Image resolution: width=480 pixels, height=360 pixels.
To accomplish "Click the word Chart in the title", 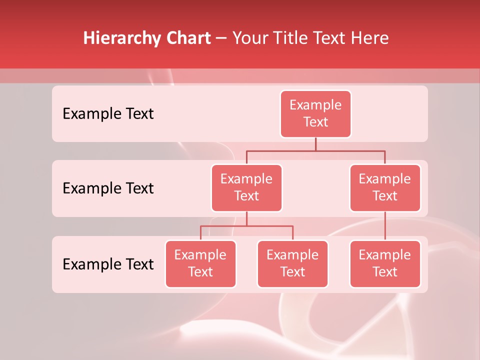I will tap(188, 38).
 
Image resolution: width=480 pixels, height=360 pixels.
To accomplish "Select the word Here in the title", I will tap(370, 38).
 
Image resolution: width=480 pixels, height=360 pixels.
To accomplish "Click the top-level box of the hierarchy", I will tap(315, 113).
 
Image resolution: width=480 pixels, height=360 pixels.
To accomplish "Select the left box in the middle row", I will tap(246, 187).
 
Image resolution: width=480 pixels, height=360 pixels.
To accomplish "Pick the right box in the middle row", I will tap(385, 187).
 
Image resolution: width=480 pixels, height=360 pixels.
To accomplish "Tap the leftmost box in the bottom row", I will tap(200, 263).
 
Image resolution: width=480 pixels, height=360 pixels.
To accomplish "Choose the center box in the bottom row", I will tap(292, 263).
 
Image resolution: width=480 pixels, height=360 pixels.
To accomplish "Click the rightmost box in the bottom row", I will tap(385, 263).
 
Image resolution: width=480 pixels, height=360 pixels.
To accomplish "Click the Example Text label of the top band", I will tap(108, 113).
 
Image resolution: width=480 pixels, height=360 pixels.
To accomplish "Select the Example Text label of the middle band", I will tap(108, 188).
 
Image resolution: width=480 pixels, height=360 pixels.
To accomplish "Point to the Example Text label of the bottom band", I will tap(108, 264).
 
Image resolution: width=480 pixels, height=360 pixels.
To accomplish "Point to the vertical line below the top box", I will tap(315, 144).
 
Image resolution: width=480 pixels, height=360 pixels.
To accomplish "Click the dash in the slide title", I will tap(221, 38).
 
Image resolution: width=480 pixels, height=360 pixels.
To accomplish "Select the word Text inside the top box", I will tap(315, 122).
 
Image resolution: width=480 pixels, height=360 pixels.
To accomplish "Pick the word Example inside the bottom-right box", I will tap(385, 255).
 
